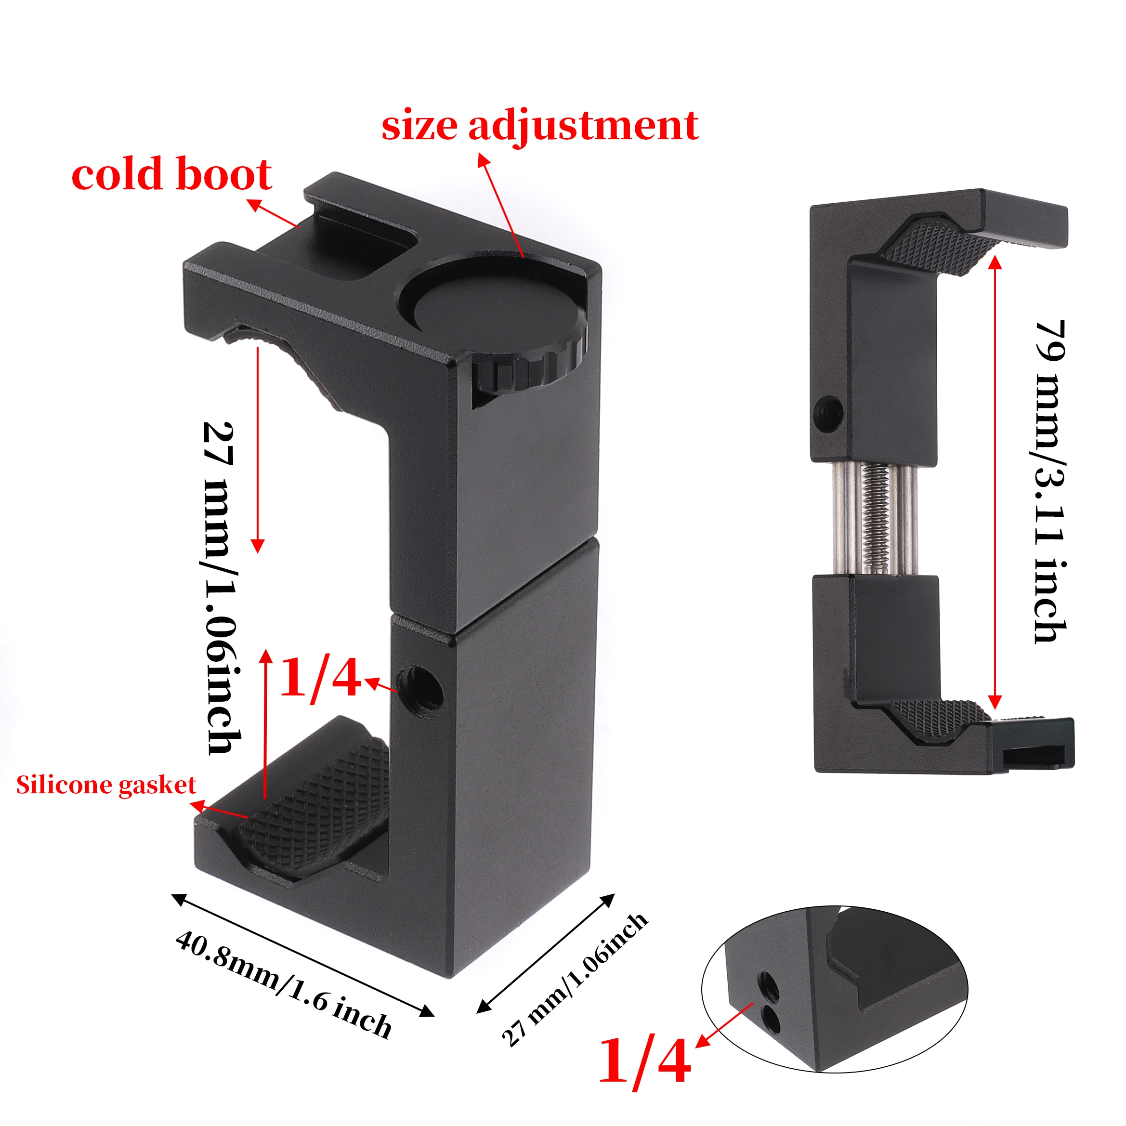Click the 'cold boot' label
[171, 174]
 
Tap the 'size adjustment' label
[540, 125]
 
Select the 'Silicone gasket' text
[105, 785]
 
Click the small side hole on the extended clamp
[827, 405]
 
